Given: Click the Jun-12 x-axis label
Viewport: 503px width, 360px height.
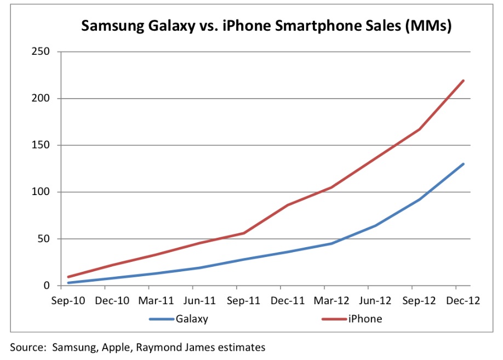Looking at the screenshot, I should point(368,300).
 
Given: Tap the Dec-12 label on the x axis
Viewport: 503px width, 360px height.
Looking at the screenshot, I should point(456,300).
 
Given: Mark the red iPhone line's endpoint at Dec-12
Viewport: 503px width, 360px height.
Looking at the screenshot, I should point(464,81).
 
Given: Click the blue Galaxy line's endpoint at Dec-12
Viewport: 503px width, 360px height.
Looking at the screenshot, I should point(464,164).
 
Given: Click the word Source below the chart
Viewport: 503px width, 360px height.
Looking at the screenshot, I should point(28,347).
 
